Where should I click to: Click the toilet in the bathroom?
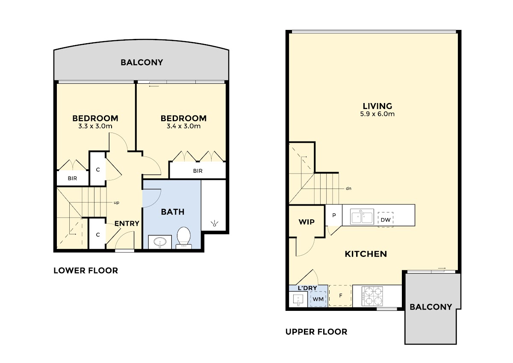(x=184, y=237)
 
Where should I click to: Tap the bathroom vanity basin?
(x=160, y=242)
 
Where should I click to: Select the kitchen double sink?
(x=362, y=216)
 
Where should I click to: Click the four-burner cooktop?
(x=372, y=296)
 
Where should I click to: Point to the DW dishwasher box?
(x=386, y=220)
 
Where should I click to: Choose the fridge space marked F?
(x=340, y=295)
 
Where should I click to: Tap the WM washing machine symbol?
(x=318, y=299)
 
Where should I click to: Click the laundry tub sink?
(x=298, y=300)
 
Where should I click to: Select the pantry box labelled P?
(x=334, y=215)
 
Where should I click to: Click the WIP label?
(x=307, y=222)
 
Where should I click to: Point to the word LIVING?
(x=377, y=106)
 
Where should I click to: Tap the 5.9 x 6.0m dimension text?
(x=377, y=114)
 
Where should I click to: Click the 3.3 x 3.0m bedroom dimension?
(x=95, y=126)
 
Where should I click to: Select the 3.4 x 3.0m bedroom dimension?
(x=184, y=126)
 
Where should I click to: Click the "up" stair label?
(x=116, y=203)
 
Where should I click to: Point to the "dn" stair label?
(x=348, y=189)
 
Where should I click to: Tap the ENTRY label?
(x=127, y=223)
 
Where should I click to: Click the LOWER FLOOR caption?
(x=85, y=271)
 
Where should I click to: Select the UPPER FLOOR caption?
(x=316, y=332)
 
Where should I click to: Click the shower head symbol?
(x=214, y=223)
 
